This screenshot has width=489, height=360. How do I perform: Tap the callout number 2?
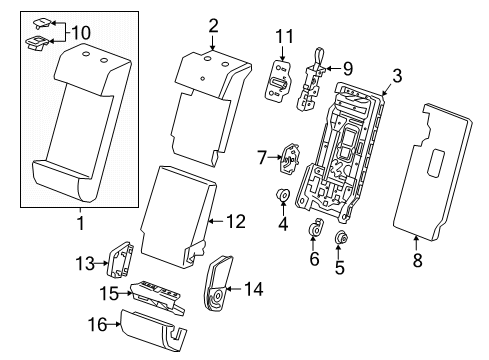tap(213, 25)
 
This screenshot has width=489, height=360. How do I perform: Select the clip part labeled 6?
tap(316, 229)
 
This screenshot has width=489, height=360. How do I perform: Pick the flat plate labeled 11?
tap(281, 79)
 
